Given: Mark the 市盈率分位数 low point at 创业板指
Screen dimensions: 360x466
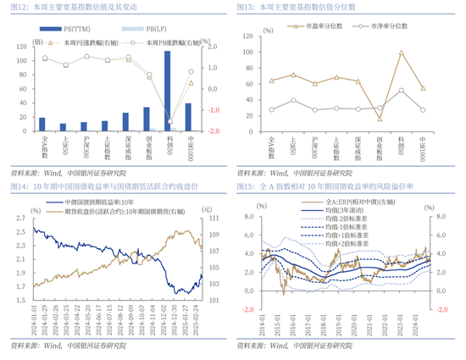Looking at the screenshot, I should point(380,118).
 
